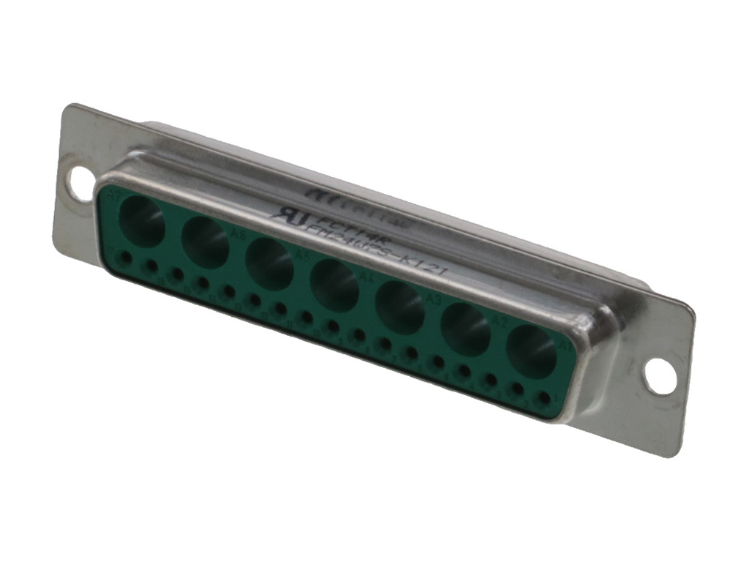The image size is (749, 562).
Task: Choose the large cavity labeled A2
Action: pyautogui.click(x=466, y=329)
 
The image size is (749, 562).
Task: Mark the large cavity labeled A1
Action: pyautogui.click(x=531, y=351)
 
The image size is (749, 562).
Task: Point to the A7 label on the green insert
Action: pyautogui.click(x=114, y=196)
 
